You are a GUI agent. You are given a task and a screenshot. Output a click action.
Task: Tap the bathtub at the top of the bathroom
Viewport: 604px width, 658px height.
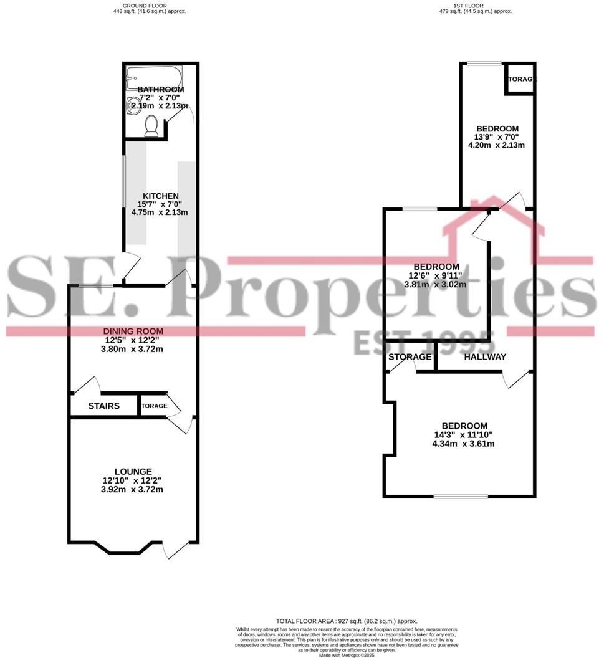[x=153, y=79]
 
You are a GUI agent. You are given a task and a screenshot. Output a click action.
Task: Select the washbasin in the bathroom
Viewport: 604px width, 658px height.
[x=133, y=107]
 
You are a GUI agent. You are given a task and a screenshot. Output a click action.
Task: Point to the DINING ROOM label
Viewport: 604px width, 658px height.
[x=133, y=331]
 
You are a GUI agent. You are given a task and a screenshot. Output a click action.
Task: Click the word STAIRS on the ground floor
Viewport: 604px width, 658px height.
[x=103, y=406]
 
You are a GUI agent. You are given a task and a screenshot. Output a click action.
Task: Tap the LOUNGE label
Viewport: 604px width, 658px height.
[x=133, y=472]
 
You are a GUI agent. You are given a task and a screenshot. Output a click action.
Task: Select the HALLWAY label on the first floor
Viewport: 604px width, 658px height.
[x=484, y=357]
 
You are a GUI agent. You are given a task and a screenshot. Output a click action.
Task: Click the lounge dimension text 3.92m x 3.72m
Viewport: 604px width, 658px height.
[x=133, y=490]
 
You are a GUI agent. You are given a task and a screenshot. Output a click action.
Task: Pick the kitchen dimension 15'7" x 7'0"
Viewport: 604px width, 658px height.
[x=160, y=204]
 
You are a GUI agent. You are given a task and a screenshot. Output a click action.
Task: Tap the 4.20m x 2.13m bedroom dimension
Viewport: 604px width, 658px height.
[x=496, y=146]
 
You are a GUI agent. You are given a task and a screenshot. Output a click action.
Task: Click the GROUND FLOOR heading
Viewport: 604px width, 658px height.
[x=145, y=5]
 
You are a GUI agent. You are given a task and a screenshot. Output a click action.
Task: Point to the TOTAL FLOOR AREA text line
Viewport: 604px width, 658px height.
[x=347, y=621]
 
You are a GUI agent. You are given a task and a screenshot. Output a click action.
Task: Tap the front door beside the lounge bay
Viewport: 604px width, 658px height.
[x=175, y=548]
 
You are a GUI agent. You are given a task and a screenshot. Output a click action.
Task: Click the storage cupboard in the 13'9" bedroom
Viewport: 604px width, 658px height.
[x=520, y=79]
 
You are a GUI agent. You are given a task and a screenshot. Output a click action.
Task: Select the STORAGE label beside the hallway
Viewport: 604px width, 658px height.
[x=410, y=357]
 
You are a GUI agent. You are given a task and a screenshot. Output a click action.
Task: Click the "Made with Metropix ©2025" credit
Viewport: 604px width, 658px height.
[x=347, y=655]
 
